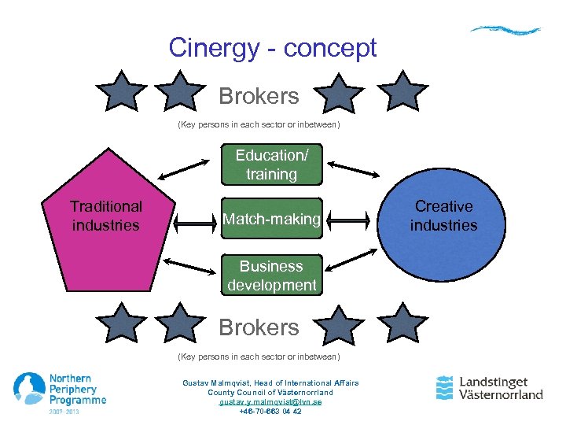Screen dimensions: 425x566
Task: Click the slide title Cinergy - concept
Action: point(273,48)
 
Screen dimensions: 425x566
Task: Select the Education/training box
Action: point(271,164)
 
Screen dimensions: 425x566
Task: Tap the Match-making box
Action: point(271,219)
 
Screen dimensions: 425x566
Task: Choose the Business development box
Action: point(271,275)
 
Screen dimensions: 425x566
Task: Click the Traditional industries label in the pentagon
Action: point(105,216)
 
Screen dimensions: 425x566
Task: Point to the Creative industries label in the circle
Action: point(444,216)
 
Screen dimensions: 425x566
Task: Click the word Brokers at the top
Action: point(259,97)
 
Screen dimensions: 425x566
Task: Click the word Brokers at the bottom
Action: point(259,327)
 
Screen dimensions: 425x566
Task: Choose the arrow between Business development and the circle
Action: point(351,261)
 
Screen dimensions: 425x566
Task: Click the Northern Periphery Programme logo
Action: point(59,392)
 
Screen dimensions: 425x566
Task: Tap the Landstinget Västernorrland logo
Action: point(489,387)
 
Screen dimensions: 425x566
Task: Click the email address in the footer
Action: point(270,401)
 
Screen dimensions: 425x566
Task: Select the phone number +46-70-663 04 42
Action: point(270,411)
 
